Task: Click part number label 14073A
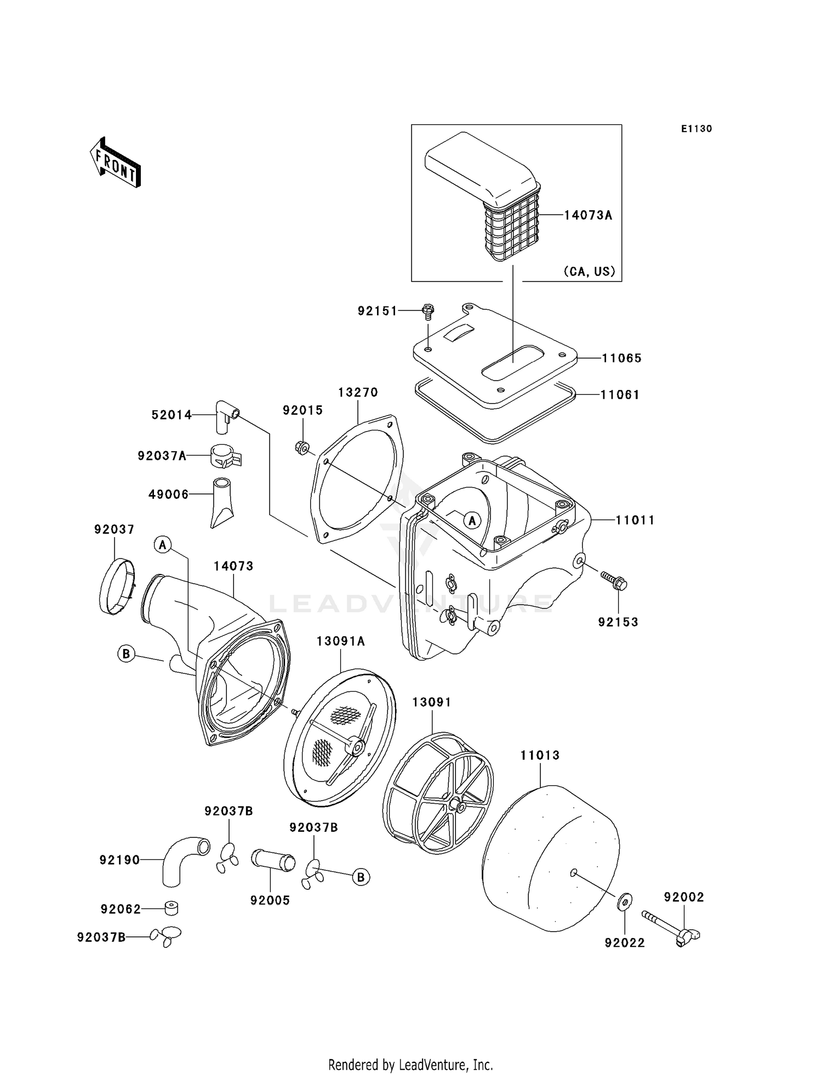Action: tap(588, 215)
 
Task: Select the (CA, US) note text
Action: tap(589, 271)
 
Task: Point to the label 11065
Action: tap(621, 358)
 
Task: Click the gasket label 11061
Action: tap(620, 394)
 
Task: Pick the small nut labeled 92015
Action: tap(300, 447)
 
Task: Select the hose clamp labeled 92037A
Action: tap(225, 456)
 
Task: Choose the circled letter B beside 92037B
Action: tap(361, 877)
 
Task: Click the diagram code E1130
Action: tap(696, 129)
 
